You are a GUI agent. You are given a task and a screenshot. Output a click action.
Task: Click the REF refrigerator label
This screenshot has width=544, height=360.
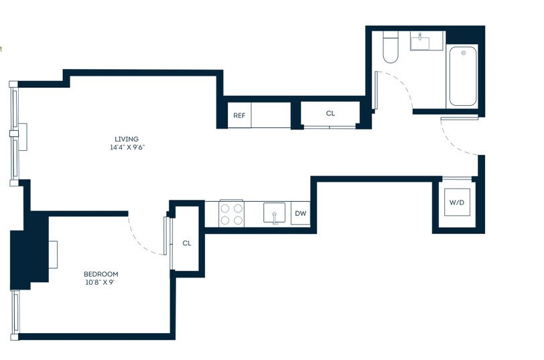coord(239,115)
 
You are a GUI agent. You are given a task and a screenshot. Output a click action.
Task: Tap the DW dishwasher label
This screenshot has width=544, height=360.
coord(300,213)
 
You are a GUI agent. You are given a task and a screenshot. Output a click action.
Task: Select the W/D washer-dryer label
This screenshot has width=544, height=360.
coord(457,202)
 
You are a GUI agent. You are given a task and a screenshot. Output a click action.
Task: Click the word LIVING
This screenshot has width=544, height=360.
coord(127,139)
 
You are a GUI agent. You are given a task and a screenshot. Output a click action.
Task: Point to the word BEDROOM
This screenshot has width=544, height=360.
coord(101,274)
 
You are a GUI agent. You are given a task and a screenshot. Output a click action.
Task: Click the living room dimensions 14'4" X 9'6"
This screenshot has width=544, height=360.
coord(127,147)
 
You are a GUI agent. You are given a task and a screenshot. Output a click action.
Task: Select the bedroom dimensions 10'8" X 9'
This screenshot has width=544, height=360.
coord(100,282)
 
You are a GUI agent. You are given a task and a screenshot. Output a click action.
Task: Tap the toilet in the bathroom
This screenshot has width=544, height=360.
coord(391,47)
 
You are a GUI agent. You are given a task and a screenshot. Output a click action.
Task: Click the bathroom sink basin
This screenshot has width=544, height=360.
coord(420,43)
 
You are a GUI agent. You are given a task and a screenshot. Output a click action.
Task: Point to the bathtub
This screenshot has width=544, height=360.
coord(463,76)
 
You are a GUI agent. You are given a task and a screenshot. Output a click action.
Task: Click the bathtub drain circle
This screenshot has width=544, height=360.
coord(464,53)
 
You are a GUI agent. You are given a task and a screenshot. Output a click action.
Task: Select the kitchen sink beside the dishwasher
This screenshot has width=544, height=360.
coord(274,213)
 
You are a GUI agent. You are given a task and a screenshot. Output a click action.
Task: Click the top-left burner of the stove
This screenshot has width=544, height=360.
coord(225,208)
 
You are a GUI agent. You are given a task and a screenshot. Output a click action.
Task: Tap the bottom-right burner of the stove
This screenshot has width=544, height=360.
coord(238,220)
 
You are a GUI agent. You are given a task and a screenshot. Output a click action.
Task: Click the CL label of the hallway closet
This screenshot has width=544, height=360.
coord(330,113)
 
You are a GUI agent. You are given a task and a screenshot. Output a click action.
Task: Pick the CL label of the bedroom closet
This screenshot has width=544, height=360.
coord(187,243)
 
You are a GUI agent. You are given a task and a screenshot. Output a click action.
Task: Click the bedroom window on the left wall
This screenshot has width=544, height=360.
coord(15,312)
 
